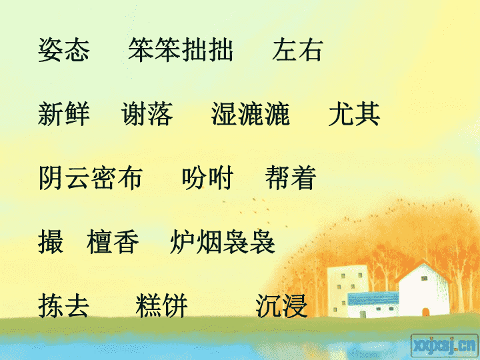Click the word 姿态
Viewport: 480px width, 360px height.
pyautogui.click(x=64, y=50)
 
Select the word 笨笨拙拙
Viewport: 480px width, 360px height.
pyautogui.click(x=181, y=50)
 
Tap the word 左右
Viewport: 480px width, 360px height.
pyautogui.click(x=297, y=50)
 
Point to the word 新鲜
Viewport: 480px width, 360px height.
pyautogui.click(x=64, y=114)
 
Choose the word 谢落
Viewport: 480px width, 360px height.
pyautogui.click(x=147, y=114)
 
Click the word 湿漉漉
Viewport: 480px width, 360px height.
pyautogui.click(x=251, y=114)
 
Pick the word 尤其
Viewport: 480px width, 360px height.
pyautogui.click(x=354, y=114)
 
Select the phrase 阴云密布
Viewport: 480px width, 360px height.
pyautogui.click(x=91, y=178)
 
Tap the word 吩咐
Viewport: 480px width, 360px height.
pyautogui.click(x=207, y=178)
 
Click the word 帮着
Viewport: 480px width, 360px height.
pyautogui.click(x=291, y=178)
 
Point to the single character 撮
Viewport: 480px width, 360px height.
pyautogui.click(x=51, y=242)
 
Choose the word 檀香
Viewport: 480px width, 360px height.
pyautogui.click(x=113, y=242)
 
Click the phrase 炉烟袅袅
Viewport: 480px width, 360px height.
pyautogui.click(x=223, y=242)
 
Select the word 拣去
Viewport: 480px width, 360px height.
pyautogui.click(x=64, y=306)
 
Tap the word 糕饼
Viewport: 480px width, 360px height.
pyautogui.click(x=161, y=306)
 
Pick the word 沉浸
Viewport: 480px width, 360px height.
pyautogui.click(x=281, y=306)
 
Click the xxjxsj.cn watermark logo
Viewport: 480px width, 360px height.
pyautogui.click(x=444, y=345)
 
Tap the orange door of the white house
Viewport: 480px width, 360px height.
pyautogui.click(x=425, y=312)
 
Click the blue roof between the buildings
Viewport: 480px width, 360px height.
pyautogui.click(x=373, y=299)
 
